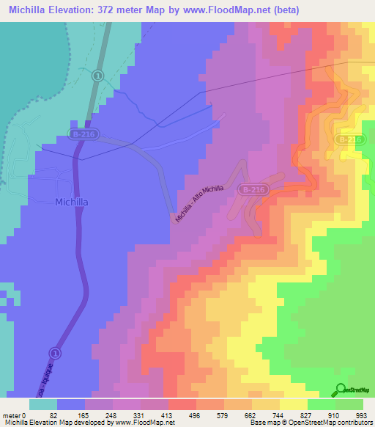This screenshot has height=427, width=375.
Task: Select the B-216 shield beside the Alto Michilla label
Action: click(x=253, y=189)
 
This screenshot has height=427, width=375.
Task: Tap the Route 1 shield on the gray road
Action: click(x=97, y=76)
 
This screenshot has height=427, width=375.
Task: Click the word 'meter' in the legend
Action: click(x=11, y=415)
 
